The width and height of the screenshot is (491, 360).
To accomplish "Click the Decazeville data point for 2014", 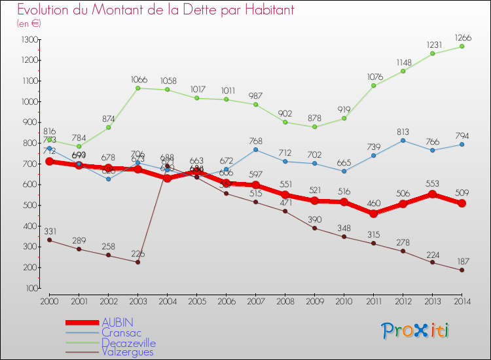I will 462,46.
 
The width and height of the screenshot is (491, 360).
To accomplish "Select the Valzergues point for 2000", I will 50,240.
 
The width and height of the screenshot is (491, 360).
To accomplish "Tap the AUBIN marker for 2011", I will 373,213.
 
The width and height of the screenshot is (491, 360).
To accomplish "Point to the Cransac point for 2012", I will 403,140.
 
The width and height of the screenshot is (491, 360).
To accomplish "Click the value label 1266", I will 462,37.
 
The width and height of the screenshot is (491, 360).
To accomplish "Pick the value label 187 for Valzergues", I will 462,260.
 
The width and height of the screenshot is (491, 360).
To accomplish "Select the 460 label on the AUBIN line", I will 373,204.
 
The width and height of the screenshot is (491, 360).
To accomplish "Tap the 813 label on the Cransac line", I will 403,130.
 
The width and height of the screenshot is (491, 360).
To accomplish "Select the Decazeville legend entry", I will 129,342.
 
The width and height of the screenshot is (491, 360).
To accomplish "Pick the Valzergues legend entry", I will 127,352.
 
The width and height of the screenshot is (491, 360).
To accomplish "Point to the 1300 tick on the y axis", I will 29,40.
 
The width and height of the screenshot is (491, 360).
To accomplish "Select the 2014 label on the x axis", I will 462,301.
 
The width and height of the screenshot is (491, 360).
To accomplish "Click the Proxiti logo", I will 415,331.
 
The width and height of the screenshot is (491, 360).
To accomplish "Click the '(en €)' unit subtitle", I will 29,24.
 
